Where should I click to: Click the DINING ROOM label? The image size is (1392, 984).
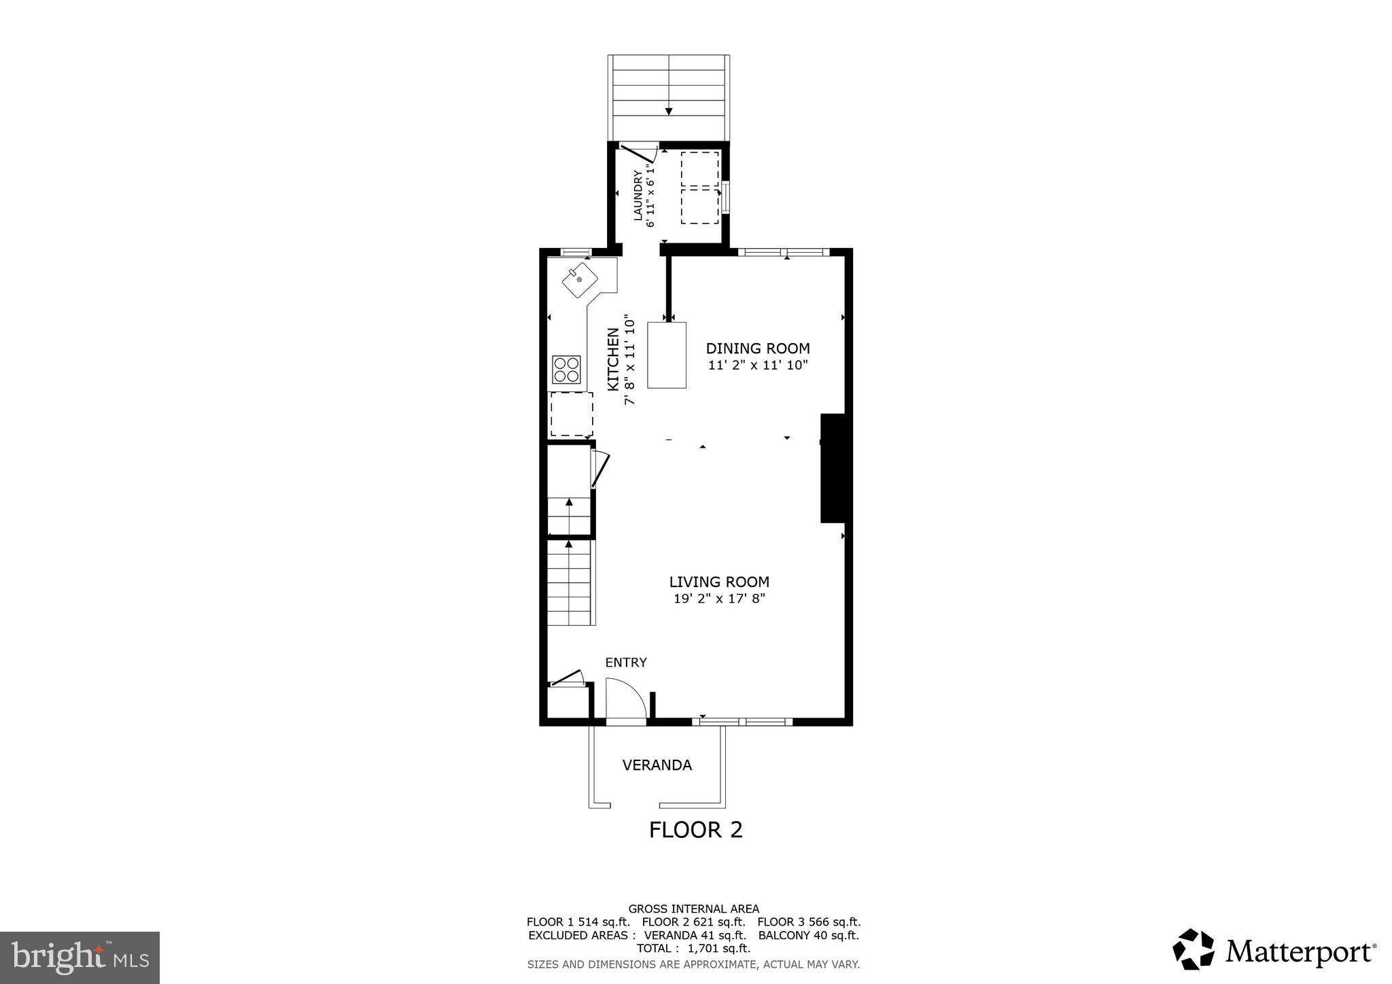point(757,349)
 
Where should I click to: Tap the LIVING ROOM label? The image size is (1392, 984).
point(719,582)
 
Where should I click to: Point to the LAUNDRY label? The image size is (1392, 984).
point(638,196)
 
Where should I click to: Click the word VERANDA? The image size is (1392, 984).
point(657,765)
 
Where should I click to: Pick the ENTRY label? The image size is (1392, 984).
point(625,663)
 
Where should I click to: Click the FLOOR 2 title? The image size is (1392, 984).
point(695,830)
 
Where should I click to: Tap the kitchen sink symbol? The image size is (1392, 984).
point(580,280)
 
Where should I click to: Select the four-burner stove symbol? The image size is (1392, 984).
point(566,370)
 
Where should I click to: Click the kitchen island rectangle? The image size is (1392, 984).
point(666,355)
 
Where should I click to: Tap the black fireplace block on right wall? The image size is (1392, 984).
point(833,468)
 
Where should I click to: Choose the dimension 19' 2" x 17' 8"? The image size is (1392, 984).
point(719,599)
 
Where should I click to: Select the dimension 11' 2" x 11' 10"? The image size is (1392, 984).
point(757,366)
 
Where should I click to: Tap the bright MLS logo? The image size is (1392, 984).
point(80,957)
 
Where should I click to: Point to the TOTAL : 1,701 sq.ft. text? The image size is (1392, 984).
point(693,948)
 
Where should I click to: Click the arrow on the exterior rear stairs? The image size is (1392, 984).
point(669,111)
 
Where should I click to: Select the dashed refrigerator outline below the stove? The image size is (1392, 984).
point(571,414)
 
